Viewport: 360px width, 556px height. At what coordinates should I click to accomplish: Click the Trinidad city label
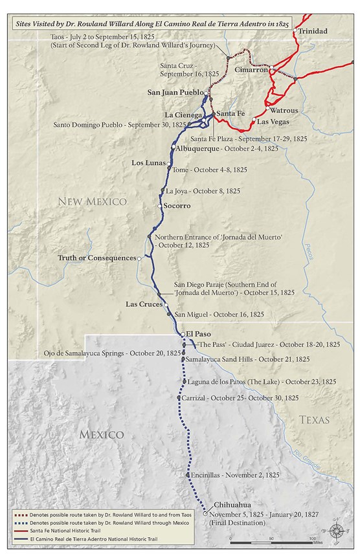313,30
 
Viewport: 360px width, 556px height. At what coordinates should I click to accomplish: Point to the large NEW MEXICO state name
93,202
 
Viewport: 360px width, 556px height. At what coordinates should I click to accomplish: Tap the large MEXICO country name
102,434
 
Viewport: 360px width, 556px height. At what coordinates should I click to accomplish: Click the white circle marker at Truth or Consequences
139,258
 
